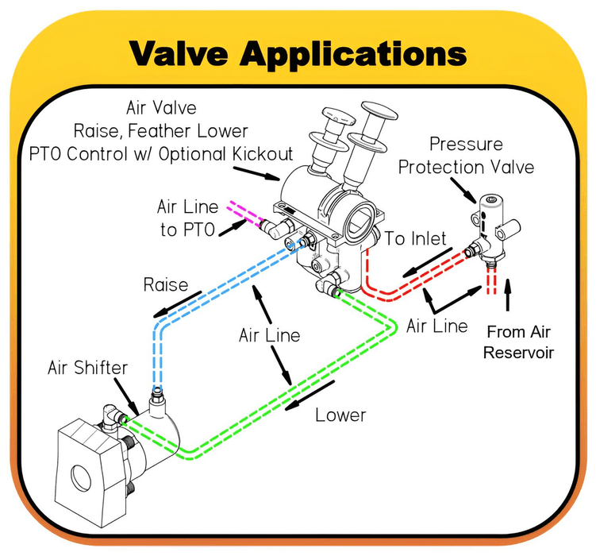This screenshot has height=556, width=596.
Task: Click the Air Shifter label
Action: point(85,367)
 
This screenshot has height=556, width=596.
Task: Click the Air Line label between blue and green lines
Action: point(269,335)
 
